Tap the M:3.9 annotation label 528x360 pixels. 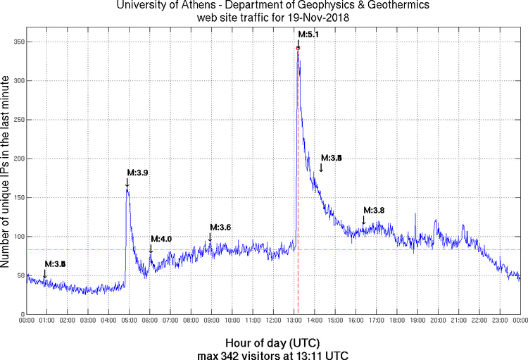point(137,172)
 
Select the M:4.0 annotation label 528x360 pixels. point(161,239)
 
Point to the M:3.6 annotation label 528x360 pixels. point(220,227)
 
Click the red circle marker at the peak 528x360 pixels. point(298,48)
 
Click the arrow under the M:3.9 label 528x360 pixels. point(127,182)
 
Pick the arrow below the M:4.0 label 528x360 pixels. point(151,249)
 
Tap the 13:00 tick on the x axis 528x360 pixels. point(294,321)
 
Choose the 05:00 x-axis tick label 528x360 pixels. point(130,321)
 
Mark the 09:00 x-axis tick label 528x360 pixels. point(212,321)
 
